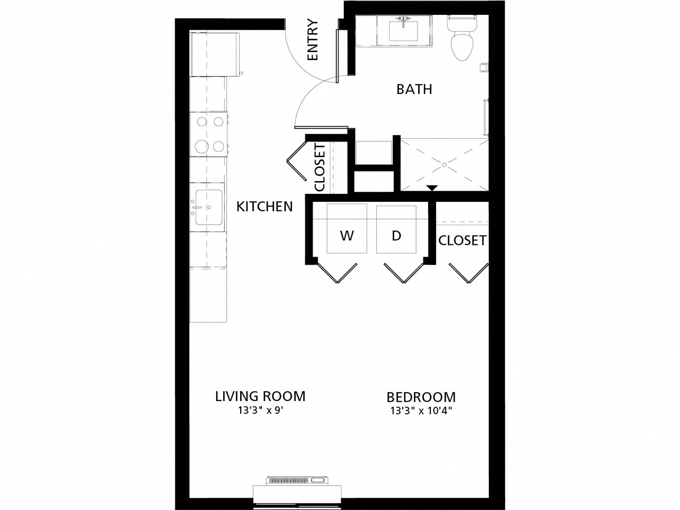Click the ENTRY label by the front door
coord(313,40)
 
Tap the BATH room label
coord(414,89)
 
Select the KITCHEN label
coord(265,207)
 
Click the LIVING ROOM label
coord(260,396)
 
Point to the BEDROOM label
coord(421,397)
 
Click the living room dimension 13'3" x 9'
coord(260,411)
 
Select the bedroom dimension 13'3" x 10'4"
coord(421,411)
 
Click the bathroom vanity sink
coord(404,31)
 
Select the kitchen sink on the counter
coord(207,208)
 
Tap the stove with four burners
coord(209,134)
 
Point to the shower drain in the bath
coord(444,165)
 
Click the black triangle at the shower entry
coord(432,188)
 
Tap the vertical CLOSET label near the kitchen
coord(320,167)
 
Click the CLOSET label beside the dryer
coord(462,241)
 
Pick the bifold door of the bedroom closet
coord(468,272)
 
